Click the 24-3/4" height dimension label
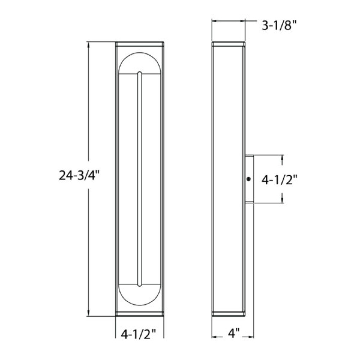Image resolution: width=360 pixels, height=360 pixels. pyautogui.click(x=79, y=175)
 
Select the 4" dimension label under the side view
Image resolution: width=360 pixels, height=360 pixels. pyautogui.click(x=234, y=333)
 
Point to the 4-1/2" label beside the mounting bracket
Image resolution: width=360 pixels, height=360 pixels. pyautogui.click(x=279, y=180)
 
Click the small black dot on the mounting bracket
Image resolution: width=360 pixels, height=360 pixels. pyautogui.click(x=248, y=179)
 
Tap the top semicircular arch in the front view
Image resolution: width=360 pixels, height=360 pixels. pyautogui.click(x=139, y=53)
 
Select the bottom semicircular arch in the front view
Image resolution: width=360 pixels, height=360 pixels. pyautogui.click(x=139, y=305)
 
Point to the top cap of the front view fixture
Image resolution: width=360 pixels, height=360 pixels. pyautogui.click(x=140, y=44)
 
